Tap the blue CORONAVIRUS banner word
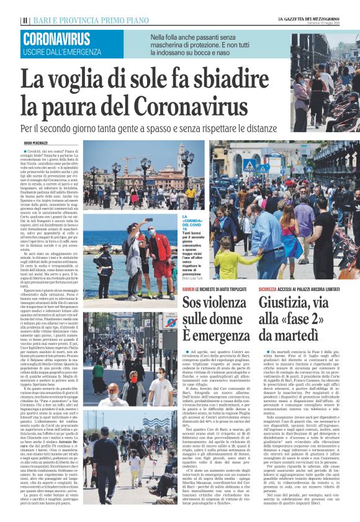pyautogui.click(x=56, y=38)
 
